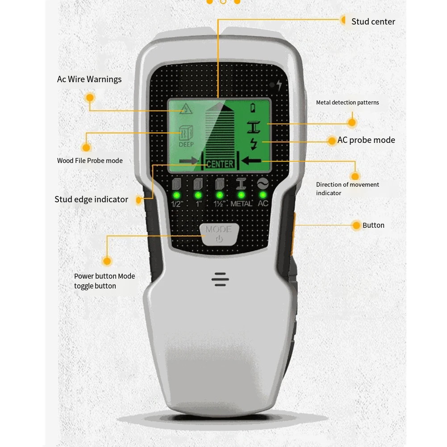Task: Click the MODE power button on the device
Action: click(x=219, y=234)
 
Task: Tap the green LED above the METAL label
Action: click(x=241, y=195)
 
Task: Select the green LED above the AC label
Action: click(x=263, y=195)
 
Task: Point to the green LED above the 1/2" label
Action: click(x=176, y=195)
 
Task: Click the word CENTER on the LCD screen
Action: click(x=220, y=164)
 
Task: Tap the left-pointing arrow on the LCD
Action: click(x=251, y=160)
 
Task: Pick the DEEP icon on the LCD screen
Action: click(x=186, y=136)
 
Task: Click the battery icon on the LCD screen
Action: click(x=254, y=108)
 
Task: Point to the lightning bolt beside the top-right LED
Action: click(x=279, y=85)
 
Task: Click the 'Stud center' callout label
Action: click(x=373, y=21)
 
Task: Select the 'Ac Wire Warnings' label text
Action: click(x=89, y=79)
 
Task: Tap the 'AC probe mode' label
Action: click(x=366, y=140)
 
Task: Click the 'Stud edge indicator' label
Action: click(x=91, y=200)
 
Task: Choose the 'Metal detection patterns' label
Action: click(x=347, y=103)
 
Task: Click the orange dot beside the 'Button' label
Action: click(x=356, y=226)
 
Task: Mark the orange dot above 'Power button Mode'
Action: click(x=107, y=261)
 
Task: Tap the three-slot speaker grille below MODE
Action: click(x=220, y=280)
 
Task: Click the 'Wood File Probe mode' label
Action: click(x=90, y=161)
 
